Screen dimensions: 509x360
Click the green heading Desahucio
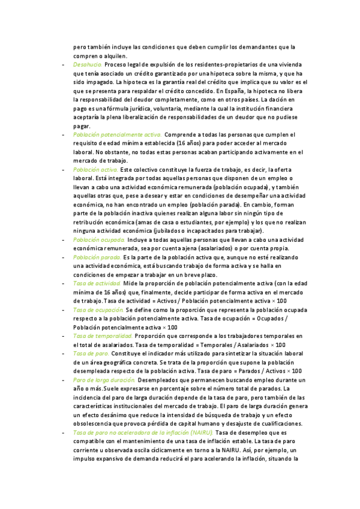point(88,64)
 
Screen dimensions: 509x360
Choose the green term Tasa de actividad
point(97,283)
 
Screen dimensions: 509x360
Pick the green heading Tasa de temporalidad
point(102,336)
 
